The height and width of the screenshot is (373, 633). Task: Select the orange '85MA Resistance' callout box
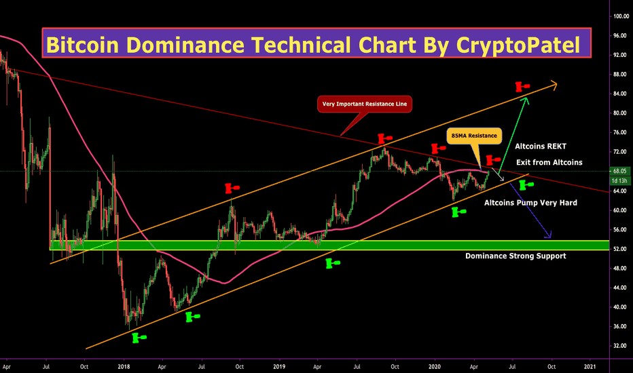coord(474,136)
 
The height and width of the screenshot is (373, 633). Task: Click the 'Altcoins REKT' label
coord(541,146)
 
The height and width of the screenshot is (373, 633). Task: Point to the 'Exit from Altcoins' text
coord(549,162)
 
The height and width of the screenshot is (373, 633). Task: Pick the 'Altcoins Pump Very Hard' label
coord(530,202)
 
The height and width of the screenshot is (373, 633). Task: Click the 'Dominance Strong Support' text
coord(515,256)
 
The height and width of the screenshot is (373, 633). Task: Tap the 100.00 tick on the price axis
coord(619,16)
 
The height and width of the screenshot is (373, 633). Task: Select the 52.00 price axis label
coord(619,249)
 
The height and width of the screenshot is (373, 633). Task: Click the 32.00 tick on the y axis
coord(619,346)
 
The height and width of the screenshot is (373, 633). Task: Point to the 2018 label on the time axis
coord(124,366)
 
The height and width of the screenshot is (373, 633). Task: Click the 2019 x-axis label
coord(279,366)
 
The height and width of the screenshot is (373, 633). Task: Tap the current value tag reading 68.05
coord(619,172)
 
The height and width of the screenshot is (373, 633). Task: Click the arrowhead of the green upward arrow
coord(524,99)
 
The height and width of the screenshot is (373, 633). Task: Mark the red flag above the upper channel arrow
coord(522,86)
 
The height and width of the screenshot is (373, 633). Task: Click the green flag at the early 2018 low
coord(139,336)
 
